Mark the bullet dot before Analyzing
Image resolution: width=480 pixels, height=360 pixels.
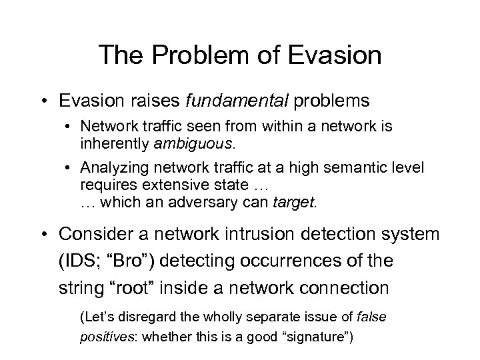coord(69,167)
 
